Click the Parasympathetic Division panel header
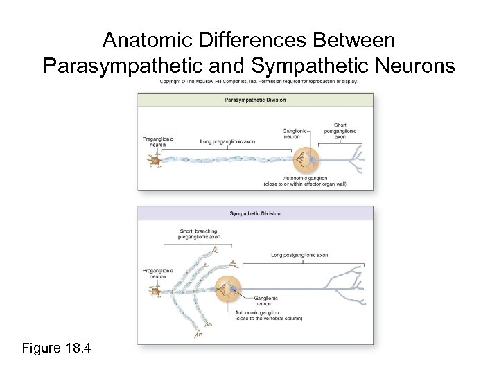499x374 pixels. click(x=255, y=100)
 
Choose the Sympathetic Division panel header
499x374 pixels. click(x=255, y=213)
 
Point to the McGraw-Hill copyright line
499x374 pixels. click(x=259, y=82)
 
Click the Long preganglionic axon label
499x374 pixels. click(x=227, y=141)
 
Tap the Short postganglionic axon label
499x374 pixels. click(x=340, y=131)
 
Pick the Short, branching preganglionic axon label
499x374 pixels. click(x=198, y=233)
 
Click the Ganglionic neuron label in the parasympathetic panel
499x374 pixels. click(x=297, y=133)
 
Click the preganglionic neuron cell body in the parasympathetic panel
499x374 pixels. click(x=153, y=161)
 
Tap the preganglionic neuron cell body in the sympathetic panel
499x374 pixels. click(x=157, y=292)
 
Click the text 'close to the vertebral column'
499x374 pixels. click(x=269, y=319)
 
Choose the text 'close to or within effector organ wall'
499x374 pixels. click(x=305, y=184)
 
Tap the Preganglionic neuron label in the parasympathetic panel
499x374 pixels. click(x=158, y=141)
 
